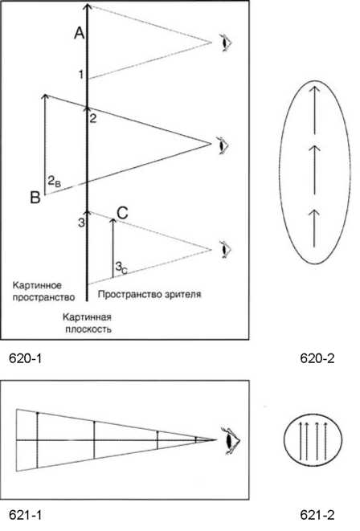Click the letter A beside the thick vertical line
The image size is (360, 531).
80,33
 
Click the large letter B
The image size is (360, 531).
35,198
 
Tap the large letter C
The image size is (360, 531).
122,214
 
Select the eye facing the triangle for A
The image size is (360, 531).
225,43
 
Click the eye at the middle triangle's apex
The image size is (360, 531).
223,145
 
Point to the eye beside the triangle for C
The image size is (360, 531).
225,250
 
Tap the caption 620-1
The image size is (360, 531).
25,358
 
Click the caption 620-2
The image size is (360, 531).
317,358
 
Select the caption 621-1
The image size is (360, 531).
25,515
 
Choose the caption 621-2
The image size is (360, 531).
317,515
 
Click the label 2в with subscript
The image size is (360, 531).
54,182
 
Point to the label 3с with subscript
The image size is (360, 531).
121,268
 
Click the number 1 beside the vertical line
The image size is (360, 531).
81,74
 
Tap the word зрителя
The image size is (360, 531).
184,294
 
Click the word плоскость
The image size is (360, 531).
88,329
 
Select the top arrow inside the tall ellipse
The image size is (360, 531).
315,110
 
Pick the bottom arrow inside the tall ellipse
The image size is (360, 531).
315,229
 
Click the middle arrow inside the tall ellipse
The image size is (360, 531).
315,170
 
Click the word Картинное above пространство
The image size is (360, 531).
37,285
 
